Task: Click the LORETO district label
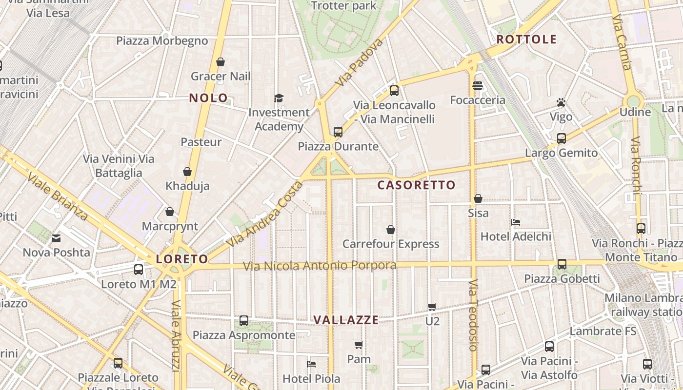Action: pos(182,259)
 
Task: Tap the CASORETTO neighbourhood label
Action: pos(416,185)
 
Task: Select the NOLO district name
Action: pos(208,98)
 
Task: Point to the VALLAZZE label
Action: pos(346,320)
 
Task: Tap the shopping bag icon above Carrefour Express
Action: pos(391,230)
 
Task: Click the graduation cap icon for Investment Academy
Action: pos(279,98)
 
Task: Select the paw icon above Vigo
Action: pos(561,103)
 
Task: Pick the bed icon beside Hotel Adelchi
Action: pos(516,222)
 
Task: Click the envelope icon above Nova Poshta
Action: pos(56,238)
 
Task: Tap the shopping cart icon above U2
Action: pos(432,307)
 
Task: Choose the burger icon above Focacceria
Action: pos(478,86)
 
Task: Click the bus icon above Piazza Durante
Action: pos(338,132)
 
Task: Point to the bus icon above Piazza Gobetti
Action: pos(562,264)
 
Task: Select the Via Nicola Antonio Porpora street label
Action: pos(320,266)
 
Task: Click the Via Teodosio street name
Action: pos(473,315)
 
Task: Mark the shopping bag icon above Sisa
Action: pos(478,198)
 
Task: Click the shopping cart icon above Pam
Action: pos(359,345)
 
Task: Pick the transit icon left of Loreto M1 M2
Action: pos(139,269)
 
